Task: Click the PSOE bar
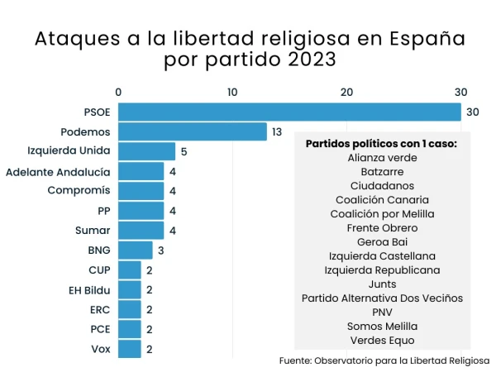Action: tap(289, 112)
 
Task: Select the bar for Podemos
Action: tap(193, 131)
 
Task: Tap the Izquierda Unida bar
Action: tap(147, 151)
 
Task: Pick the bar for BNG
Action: tap(136, 250)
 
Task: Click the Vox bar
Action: tap(130, 348)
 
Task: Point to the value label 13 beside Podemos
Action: tap(277, 131)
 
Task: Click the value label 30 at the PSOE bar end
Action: tap(473, 112)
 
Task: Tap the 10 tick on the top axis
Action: tap(233, 92)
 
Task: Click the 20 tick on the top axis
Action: tap(347, 92)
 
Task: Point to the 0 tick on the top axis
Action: tap(119, 92)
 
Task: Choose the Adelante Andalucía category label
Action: tap(58, 171)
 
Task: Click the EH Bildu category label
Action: tap(89, 289)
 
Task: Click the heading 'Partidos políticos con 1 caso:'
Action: tap(381, 143)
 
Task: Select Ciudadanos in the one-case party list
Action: tap(381, 185)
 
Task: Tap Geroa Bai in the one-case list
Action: tap(381, 241)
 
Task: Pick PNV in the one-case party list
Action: tap(381, 312)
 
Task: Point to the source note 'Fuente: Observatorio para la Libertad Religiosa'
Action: tap(384, 360)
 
